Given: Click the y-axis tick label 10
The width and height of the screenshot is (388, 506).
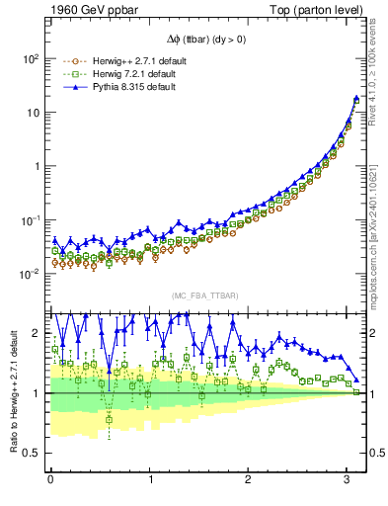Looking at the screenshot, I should tap(31, 113).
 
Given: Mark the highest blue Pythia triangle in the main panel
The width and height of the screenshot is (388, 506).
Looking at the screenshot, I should tap(356, 98).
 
